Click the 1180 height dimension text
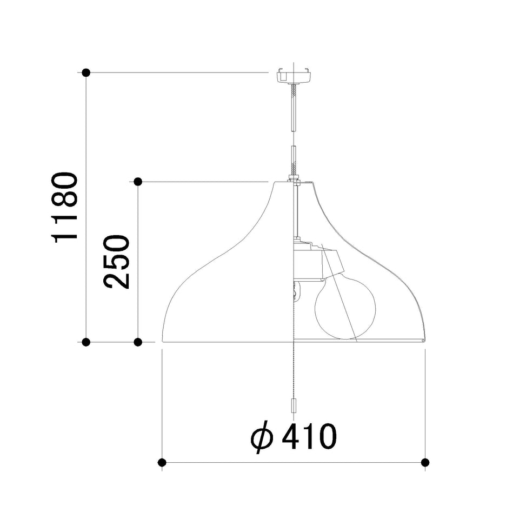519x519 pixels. pyautogui.click(x=65, y=208)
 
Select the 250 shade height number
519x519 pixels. pyautogui.click(x=116, y=262)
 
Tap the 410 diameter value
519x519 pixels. pyautogui.click(x=309, y=436)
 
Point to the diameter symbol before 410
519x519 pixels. pyautogui.click(x=262, y=437)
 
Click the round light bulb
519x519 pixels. pyautogui.click(x=345, y=308)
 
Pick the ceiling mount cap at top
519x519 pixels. pyautogui.click(x=294, y=75)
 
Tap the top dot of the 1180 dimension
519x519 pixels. pyautogui.click(x=86, y=72)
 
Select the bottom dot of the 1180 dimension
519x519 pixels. pyautogui.click(x=86, y=342)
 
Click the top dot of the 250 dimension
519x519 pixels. pyautogui.click(x=138, y=182)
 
